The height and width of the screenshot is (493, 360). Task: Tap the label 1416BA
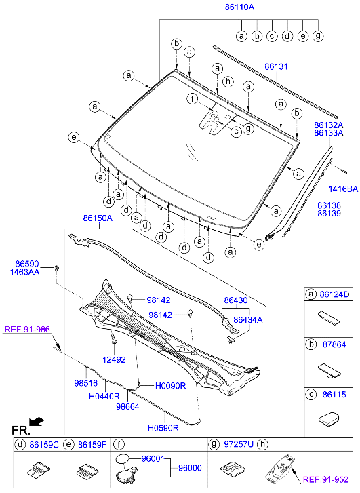tap(343, 189)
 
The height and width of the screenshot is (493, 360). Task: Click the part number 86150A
tap(98, 218)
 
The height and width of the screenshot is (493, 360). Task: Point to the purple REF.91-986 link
tap(26, 330)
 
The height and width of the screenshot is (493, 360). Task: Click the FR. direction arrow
tap(37, 422)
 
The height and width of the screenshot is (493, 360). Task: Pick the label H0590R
tap(163, 428)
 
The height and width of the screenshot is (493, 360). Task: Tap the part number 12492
tap(115, 359)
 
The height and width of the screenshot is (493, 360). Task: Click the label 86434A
tap(248, 319)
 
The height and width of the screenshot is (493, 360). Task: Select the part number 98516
tap(86, 383)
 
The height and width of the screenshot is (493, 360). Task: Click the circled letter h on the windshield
tap(228, 82)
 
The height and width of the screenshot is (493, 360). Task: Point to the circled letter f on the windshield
tap(193, 100)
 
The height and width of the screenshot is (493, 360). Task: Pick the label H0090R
tap(170, 385)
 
